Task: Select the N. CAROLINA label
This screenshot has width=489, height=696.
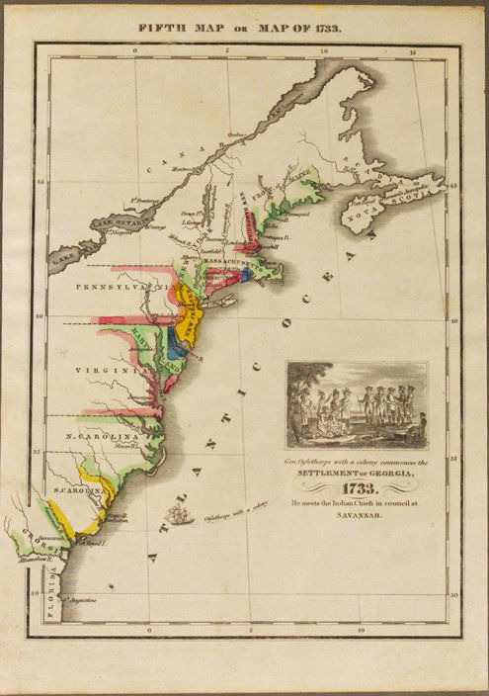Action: point(99,436)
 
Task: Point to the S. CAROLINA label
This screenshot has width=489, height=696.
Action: point(74,491)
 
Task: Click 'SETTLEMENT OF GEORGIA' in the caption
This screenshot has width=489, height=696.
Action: point(358,473)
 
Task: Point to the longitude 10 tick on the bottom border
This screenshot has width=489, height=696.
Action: point(363,629)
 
